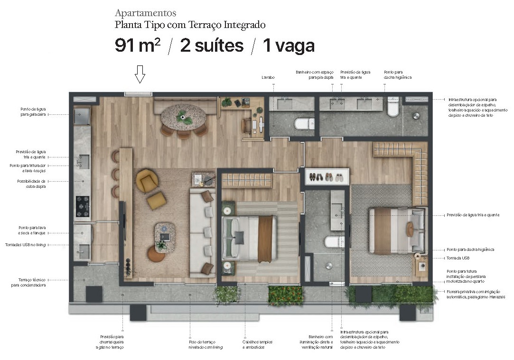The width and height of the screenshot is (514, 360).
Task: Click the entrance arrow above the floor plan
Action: click(139, 74)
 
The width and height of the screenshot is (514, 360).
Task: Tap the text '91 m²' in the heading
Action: click(138, 46)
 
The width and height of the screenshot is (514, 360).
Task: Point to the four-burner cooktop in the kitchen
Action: click(83, 206)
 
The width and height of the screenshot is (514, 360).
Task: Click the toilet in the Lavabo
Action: click(304, 124)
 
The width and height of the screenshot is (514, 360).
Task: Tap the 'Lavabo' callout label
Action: click(268, 77)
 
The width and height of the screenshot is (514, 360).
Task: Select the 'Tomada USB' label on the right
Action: click(458, 258)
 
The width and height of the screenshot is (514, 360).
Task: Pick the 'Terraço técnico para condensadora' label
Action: click(33, 282)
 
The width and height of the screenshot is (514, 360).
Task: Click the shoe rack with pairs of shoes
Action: click(327, 177)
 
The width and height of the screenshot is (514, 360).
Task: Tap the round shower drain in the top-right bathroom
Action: click(416, 115)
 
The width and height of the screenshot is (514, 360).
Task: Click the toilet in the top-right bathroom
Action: click(393, 108)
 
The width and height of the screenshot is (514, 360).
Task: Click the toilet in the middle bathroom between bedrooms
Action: click(334, 242)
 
